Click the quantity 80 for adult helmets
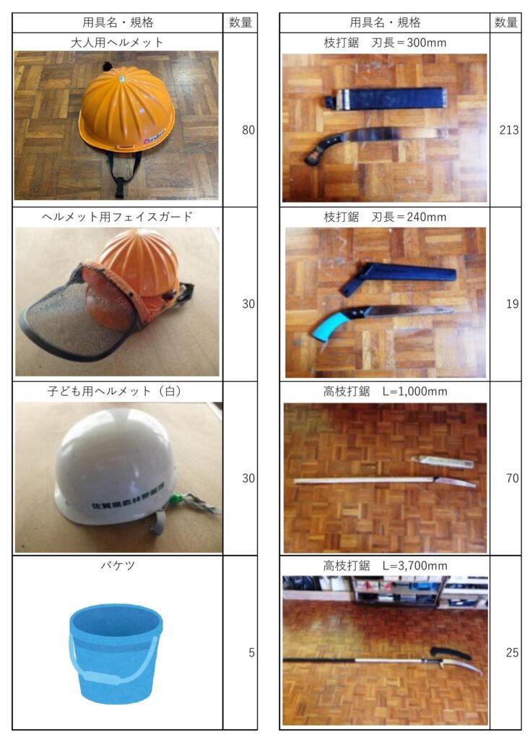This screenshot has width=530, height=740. (x=248, y=130)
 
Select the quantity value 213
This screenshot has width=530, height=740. (x=509, y=130)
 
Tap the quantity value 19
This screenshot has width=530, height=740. (x=512, y=304)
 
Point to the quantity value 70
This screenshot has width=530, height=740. (x=512, y=478)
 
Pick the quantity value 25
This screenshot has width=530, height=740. (x=512, y=653)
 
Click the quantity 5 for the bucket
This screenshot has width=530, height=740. (x=251, y=653)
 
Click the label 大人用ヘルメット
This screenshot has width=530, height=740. (x=117, y=43)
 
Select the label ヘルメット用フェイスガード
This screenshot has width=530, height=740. (x=117, y=217)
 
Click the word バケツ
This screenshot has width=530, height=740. (x=118, y=565)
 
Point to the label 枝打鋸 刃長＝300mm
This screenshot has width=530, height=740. (x=385, y=43)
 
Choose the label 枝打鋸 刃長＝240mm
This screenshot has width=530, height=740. (x=385, y=217)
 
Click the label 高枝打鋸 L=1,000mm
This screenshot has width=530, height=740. (x=385, y=391)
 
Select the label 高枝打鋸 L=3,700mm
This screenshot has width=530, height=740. (x=385, y=565)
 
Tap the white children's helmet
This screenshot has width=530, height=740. (x=116, y=468)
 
